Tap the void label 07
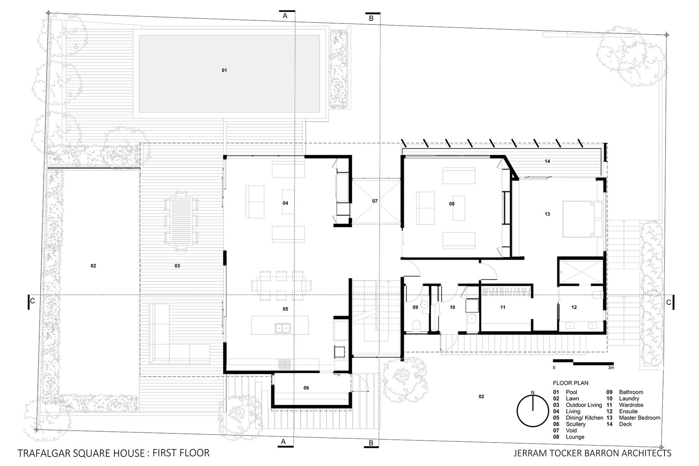[x=375, y=201]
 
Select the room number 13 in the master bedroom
[x=547, y=214]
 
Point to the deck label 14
[x=547, y=161]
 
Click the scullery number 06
[x=306, y=388]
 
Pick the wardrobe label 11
[x=503, y=307]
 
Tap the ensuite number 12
[x=574, y=307]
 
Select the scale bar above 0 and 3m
[x=583, y=363]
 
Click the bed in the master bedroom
[x=582, y=219]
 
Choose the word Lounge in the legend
[x=575, y=437]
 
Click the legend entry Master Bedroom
[x=639, y=418]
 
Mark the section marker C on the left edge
[x=31, y=301]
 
